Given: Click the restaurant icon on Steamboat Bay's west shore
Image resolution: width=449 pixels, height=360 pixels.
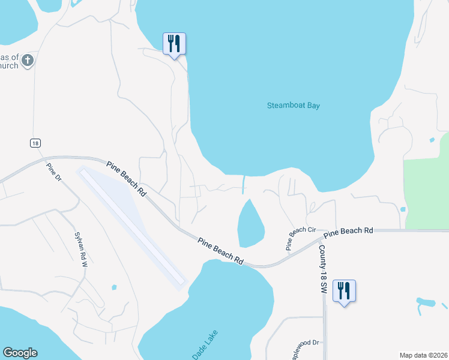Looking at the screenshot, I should [174, 44].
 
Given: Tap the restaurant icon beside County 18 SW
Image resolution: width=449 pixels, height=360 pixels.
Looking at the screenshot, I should [344, 291].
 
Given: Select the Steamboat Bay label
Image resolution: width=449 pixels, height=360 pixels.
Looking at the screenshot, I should [293, 106].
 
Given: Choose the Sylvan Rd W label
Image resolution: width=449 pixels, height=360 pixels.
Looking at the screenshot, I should [80, 246].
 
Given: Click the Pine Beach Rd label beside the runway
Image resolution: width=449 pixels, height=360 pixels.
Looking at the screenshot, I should [127, 179].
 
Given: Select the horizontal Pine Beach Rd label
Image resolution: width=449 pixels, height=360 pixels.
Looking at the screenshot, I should [349, 230].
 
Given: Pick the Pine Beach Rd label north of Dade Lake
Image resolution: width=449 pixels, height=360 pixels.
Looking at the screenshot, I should [221, 251].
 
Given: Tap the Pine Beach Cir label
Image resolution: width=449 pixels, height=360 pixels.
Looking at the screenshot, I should [301, 238].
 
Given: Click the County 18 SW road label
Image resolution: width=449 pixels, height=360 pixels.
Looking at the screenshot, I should [322, 269].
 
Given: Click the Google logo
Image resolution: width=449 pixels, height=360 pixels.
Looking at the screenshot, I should [20, 353].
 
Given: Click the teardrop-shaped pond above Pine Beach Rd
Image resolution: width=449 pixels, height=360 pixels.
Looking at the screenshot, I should [250, 224].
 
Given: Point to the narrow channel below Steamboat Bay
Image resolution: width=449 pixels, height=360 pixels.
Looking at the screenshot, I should [244, 185].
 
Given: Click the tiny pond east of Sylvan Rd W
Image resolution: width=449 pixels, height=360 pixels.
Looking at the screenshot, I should [113, 288].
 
